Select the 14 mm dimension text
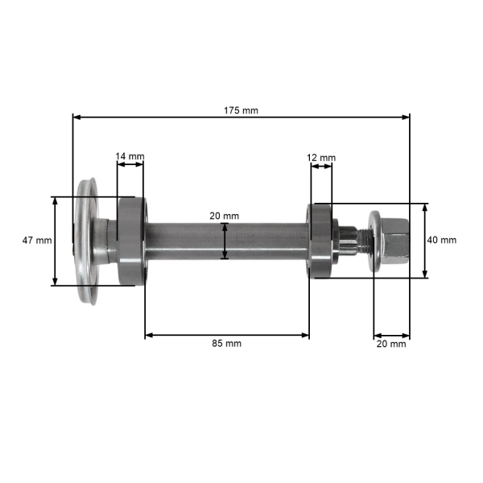click(x=130, y=155)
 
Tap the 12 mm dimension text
click(x=322, y=157)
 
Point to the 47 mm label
click(x=37, y=241)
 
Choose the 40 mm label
click(x=441, y=240)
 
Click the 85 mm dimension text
click(x=226, y=343)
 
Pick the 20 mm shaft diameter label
click(x=225, y=216)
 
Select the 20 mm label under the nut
click(x=392, y=343)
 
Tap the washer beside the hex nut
click(x=375, y=240)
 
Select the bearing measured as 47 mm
click(x=130, y=241)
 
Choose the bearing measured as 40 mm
click(x=320, y=241)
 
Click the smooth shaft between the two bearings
click(x=225, y=242)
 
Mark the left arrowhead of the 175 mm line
click(x=76, y=118)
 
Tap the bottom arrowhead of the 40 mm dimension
click(x=425, y=273)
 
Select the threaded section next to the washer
click(x=360, y=239)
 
